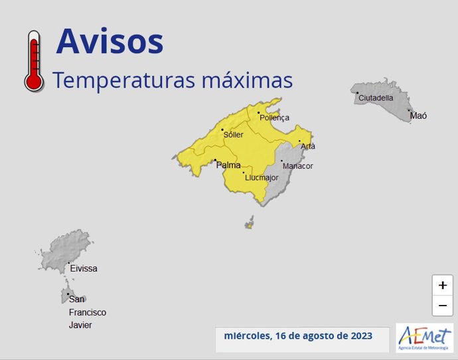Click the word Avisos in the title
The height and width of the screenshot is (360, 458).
pos(110,41)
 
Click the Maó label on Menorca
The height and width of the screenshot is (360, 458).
pos(418,116)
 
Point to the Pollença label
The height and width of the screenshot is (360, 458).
pos(275,118)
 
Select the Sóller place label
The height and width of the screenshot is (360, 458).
pos(234,135)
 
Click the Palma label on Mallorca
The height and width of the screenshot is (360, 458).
pos(228,165)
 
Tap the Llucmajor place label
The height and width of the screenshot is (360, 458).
pos(261,178)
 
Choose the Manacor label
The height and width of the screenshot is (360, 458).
pos(297,166)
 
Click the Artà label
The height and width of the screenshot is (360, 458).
pos(308,146)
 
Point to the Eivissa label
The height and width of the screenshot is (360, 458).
pos(84,269)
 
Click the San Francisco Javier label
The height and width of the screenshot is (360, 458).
pos(87,312)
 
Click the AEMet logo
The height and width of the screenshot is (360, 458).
pos(424,337)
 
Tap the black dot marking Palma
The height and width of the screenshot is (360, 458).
pos(215,159)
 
